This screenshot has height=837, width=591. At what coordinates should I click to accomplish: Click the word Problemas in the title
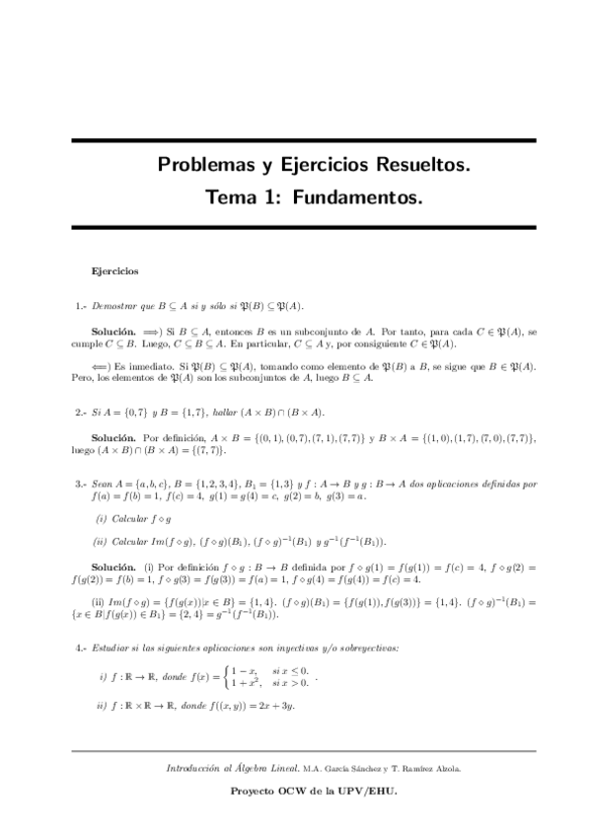pos(204,164)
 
